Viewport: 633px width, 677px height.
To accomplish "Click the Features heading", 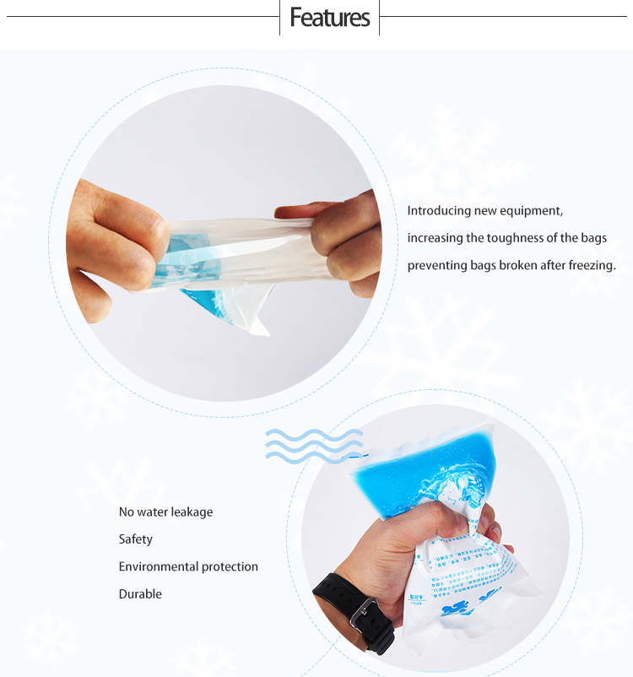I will (x=329, y=18).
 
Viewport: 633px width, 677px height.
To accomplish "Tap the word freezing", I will (x=592, y=265).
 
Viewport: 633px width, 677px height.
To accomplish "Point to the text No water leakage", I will (x=165, y=512).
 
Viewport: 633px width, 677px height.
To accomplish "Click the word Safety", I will (x=136, y=539).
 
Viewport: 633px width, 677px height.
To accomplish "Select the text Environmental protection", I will (x=188, y=566).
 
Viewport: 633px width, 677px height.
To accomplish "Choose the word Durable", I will (x=140, y=593).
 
